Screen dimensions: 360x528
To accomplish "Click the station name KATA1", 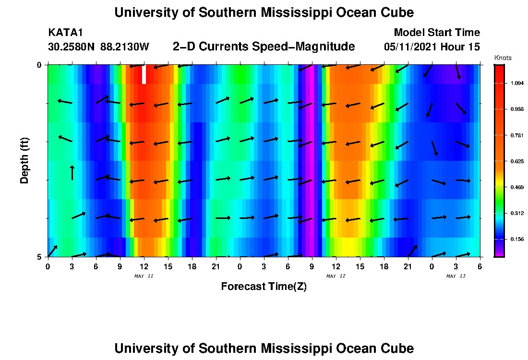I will tap(66, 33).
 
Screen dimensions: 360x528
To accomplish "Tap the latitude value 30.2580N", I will tap(72, 47).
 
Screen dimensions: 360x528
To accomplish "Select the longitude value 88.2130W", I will tap(125, 47).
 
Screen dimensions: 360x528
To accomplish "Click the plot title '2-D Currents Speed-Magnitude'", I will tap(264, 47).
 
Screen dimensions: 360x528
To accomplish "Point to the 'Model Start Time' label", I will tap(436, 33).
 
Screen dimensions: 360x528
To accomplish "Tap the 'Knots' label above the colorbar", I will tap(503, 58).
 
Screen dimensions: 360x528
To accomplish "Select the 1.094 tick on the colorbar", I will tap(517, 84).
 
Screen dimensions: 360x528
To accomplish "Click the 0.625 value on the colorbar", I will tap(517, 161).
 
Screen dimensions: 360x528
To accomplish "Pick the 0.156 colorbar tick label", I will tap(517, 239).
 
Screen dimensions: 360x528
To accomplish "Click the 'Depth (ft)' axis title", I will tap(25, 161).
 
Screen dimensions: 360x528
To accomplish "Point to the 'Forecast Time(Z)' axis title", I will tap(264, 287).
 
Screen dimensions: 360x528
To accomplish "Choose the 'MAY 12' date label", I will tap(336, 276).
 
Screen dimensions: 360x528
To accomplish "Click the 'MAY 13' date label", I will tap(456, 276).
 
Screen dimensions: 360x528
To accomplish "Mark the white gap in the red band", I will tap(144, 74).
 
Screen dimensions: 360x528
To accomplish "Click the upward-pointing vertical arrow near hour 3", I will tap(72, 173).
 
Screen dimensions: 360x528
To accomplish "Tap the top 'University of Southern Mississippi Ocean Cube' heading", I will tap(264, 13).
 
